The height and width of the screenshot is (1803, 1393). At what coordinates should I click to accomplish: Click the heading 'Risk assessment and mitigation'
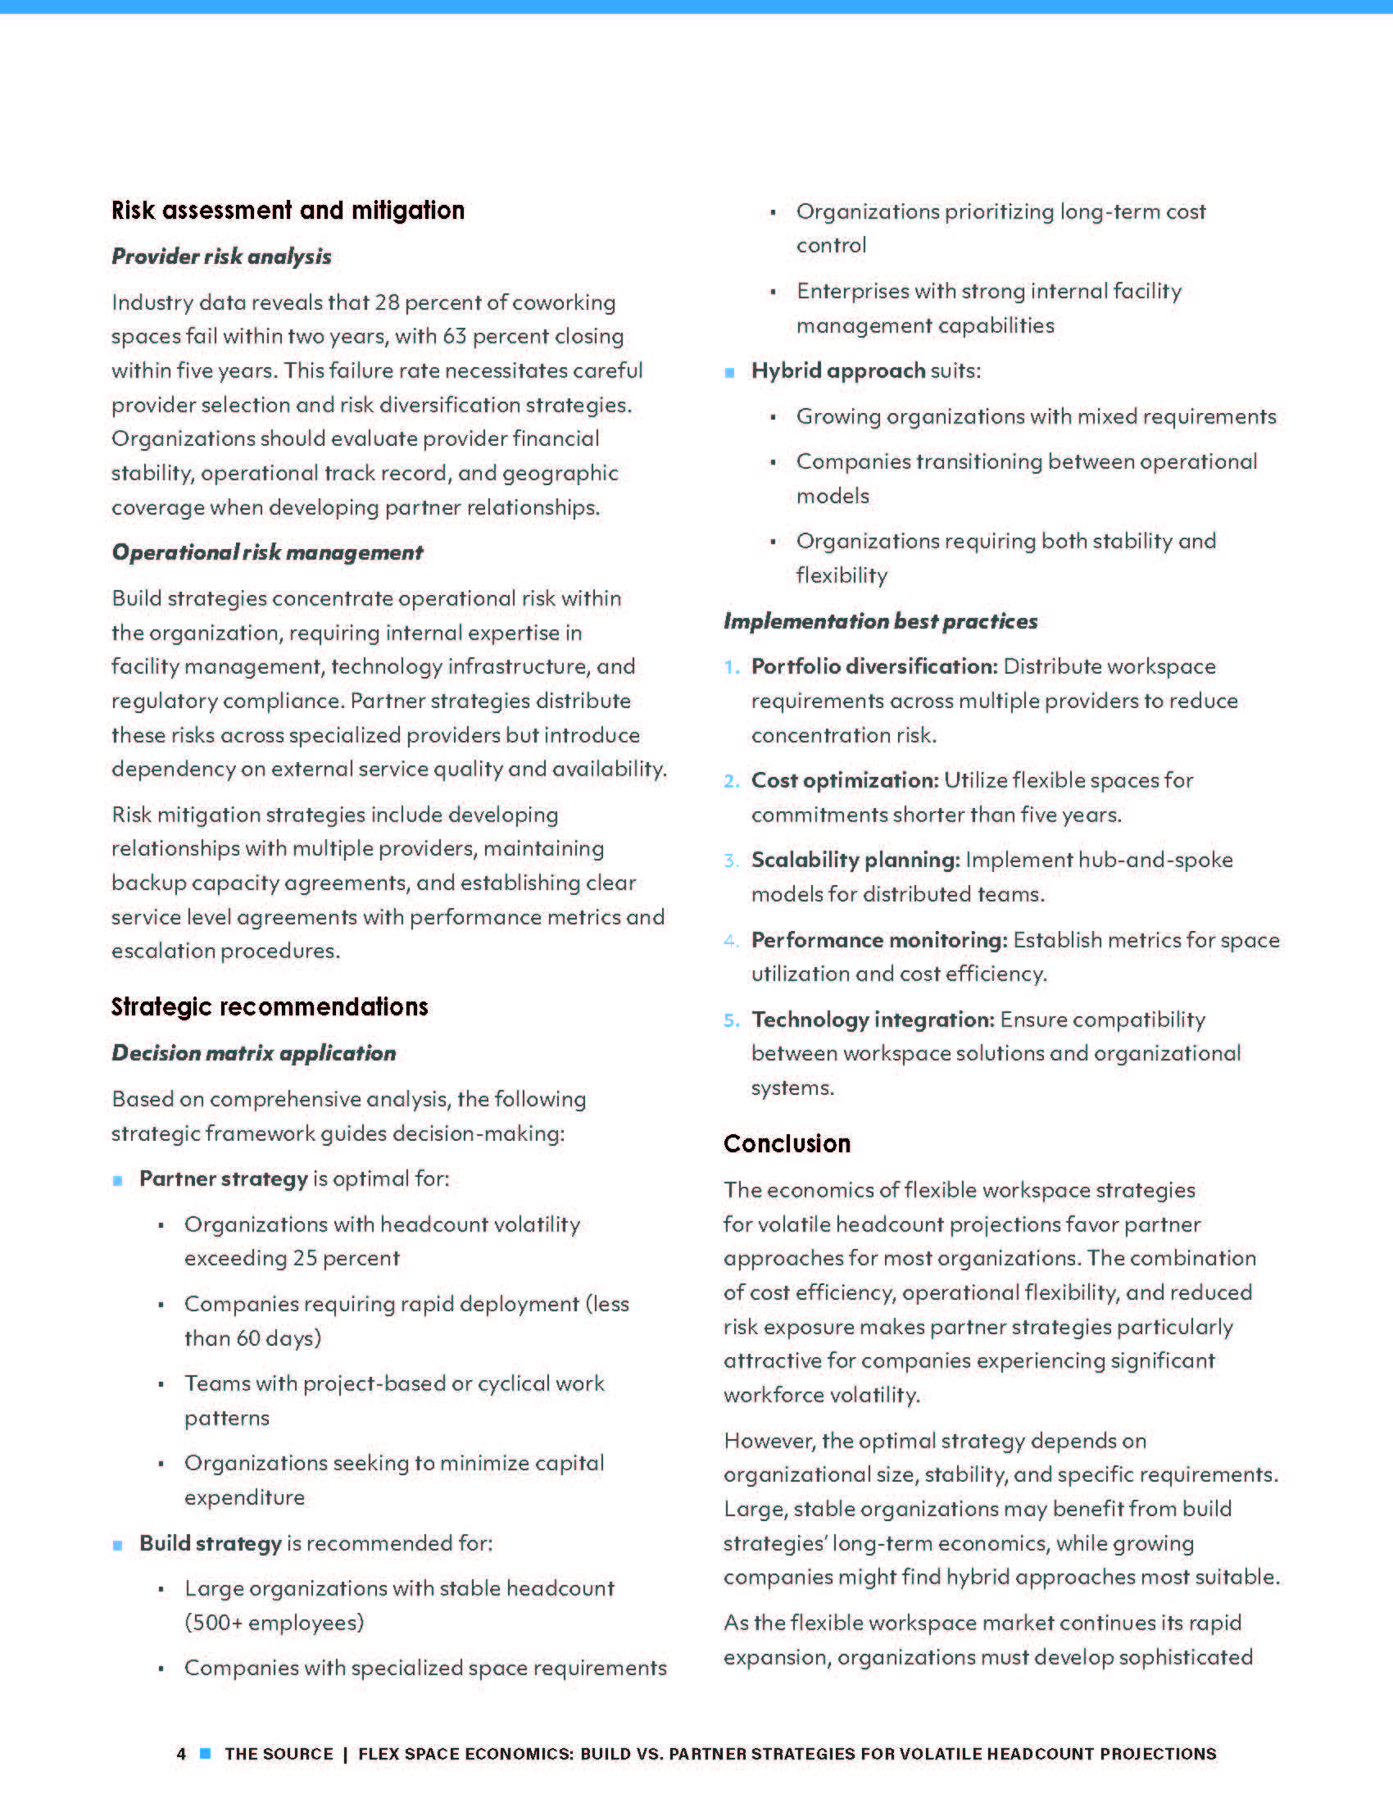[x=288, y=211]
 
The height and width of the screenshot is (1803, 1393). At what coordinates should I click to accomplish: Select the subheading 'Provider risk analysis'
[x=221, y=257]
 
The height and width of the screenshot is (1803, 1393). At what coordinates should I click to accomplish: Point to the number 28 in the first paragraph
[x=387, y=302]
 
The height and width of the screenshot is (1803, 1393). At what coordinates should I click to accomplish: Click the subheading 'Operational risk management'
[x=267, y=552]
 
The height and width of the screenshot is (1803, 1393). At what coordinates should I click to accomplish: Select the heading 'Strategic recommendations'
[x=270, y=1006]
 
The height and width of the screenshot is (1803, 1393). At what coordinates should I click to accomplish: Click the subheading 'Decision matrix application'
[x=254, y=1053]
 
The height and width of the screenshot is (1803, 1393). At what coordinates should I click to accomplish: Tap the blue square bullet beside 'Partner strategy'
[x=118, y=1181]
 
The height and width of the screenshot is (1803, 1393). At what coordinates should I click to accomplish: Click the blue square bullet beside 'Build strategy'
[x=118, y=1546]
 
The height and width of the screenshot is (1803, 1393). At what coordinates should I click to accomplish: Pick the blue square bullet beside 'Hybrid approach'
[x=729, y=373]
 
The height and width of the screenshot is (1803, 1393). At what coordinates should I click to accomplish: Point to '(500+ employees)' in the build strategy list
[x=274, y=1622]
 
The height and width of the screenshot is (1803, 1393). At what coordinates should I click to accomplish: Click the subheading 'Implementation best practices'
[x=881, y=621]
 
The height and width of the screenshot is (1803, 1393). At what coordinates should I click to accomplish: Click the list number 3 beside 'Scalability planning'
[x=731, y=861]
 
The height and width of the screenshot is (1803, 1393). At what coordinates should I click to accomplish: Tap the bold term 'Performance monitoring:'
[x=879, y=939]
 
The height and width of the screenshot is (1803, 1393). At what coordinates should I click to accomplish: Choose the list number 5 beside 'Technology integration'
[x=731, y=1020]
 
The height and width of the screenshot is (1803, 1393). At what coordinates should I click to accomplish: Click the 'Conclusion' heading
[x=787, y=1143]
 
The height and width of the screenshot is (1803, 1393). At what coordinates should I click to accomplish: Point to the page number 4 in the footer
[x=182, y=1754]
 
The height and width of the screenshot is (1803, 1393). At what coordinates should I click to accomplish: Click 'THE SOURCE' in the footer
[x=279, y=1754]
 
